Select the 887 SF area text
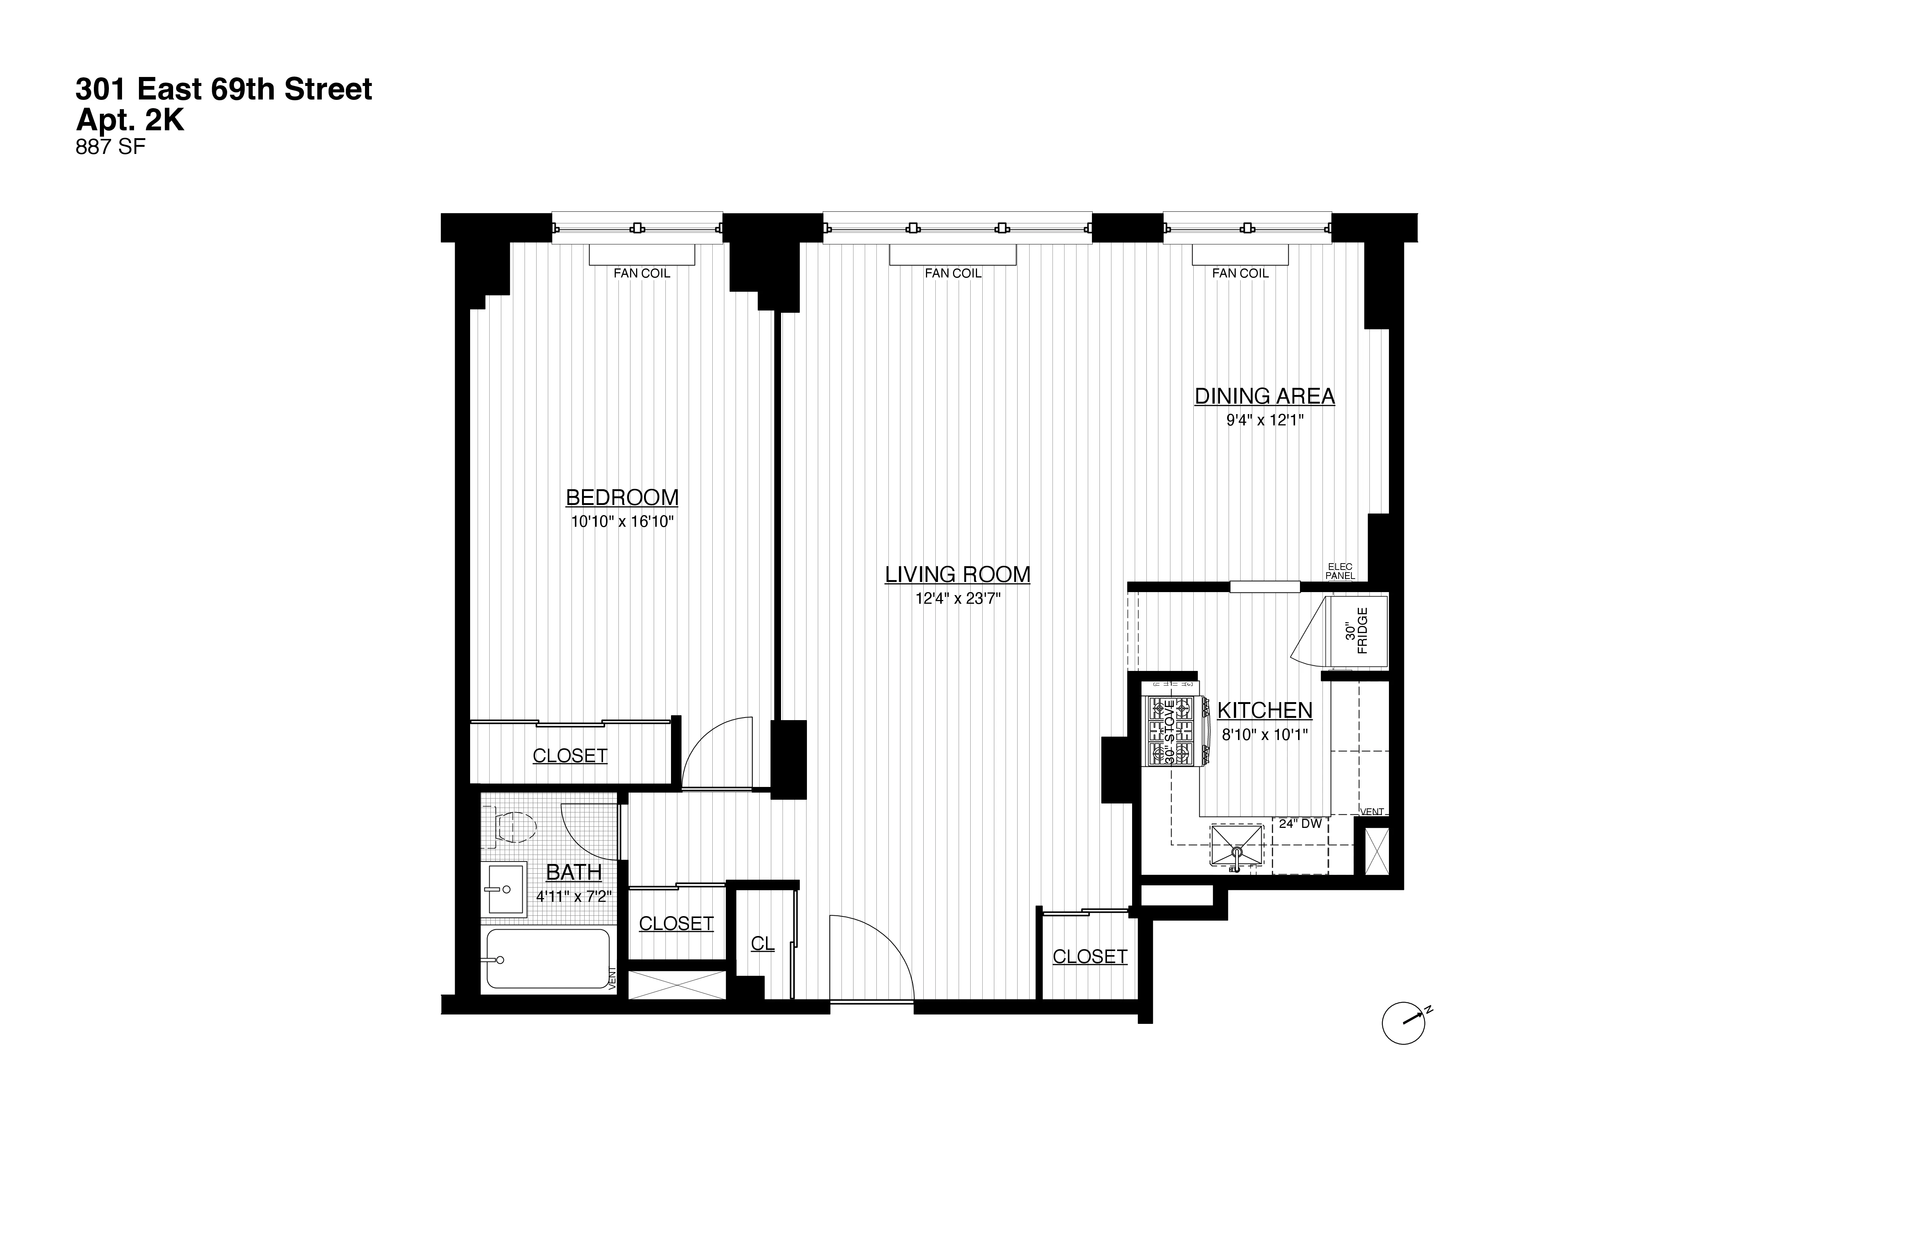point(110,148)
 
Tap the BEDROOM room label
point(622,497)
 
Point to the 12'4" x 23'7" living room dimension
point(957,598)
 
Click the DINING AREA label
point(1264,396)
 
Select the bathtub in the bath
point(548,959)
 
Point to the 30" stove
point(1171,731)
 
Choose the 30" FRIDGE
point(1357,632)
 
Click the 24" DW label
point(1300,824)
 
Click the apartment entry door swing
point(871,957)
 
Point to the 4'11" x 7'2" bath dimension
point(574,896)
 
